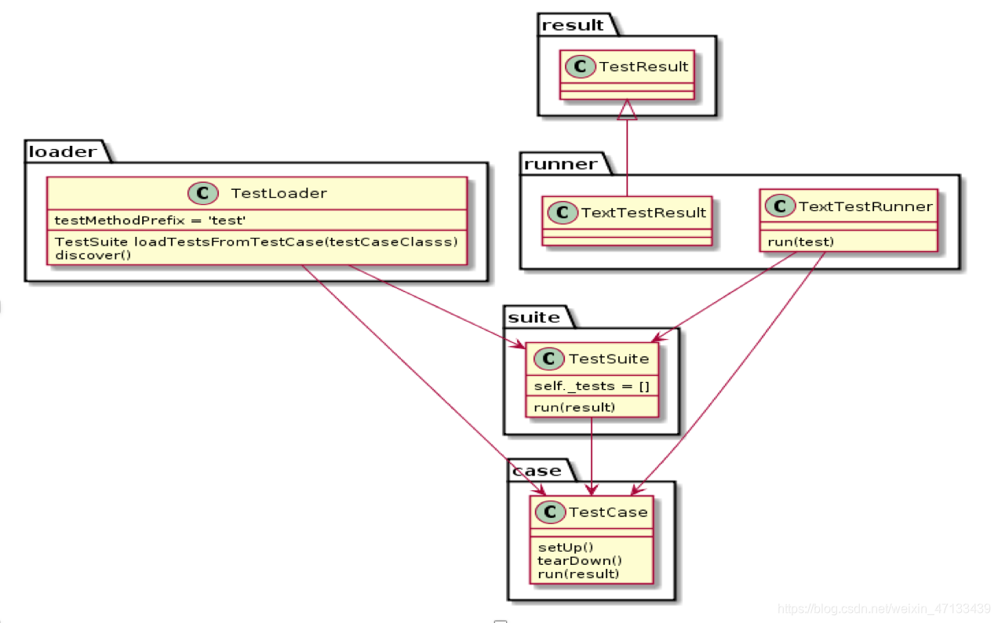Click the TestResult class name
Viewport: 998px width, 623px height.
click(x=643, y=67)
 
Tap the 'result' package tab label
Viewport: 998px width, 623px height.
click(x=574, y=24)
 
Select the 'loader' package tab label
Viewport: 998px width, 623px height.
click(x=64, y=151)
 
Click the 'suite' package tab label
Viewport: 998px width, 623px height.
click(x=534, y=317)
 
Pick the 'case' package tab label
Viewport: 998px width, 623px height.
click(x=537, y=471)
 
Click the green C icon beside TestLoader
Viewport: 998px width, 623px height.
click(x=202, y=192)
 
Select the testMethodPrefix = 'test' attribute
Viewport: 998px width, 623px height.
click(x=150, y=220)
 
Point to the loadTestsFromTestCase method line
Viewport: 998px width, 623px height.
click(x=256, y=242)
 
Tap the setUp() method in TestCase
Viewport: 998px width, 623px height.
click(x=566, y=547)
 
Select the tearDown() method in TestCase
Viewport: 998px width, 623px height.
click(x=580, y=560)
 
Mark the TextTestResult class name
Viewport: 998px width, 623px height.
click(x=643, y=213)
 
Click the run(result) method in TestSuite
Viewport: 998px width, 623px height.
click(x=574, y=407)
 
